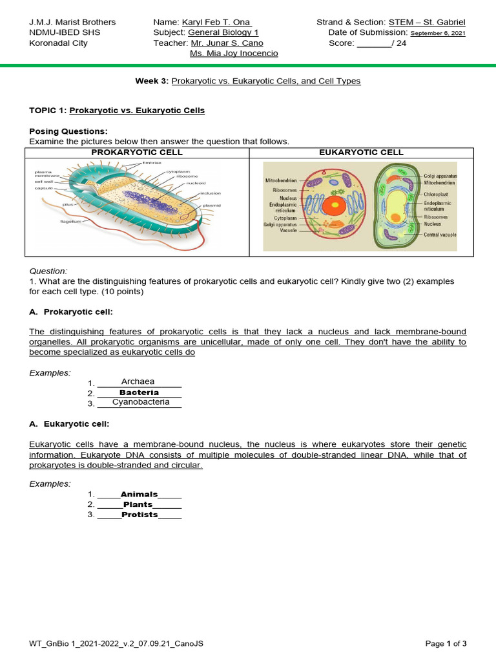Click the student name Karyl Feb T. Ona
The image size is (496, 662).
[x=216, y=22]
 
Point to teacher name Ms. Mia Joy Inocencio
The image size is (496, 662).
[x=234, y=53]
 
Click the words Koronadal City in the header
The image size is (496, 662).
[x=59, y=43]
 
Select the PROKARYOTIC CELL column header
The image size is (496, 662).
[x=137, y=152]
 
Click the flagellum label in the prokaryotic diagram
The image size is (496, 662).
[x=70, y=221]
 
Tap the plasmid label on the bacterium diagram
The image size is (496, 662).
[x=212, y=205]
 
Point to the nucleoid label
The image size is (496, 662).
[x=196, y=183]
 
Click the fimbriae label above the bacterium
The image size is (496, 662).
[x=152, y=164]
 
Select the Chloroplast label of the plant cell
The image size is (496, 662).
[x=436, y=194]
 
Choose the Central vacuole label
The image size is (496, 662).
[x=440, y=235]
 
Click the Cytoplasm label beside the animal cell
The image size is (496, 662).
[x=284, y=218]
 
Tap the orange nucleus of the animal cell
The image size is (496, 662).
[x=334, y=206]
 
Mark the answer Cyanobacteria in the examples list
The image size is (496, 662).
[x=141, y=402]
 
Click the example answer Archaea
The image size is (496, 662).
[x=138, y=381]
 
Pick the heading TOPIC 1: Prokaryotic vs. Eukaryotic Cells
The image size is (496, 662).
[x=117, y=111]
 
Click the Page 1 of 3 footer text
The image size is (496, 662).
[x=446, y=643]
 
